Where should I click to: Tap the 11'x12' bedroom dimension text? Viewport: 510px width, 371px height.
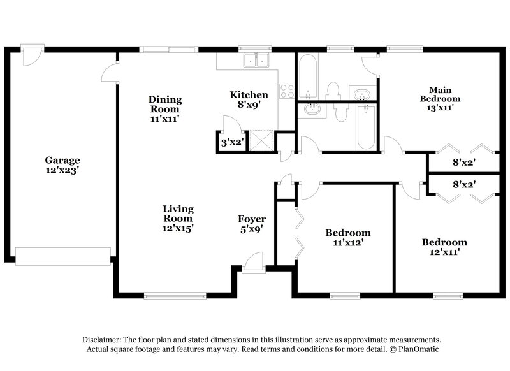click(347, 242)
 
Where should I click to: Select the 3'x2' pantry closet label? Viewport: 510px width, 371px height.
click(231, 143)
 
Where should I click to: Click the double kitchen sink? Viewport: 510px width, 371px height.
click(258, 61)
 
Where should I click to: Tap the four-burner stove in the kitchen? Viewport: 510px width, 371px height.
click(286, 91)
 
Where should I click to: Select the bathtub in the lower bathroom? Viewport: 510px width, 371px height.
click(366, 127)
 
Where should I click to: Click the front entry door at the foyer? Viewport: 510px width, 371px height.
click(254, 262)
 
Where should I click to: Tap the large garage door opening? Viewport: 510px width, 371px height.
click(62, 256)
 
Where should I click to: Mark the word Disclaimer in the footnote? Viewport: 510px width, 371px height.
click(103, 340)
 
